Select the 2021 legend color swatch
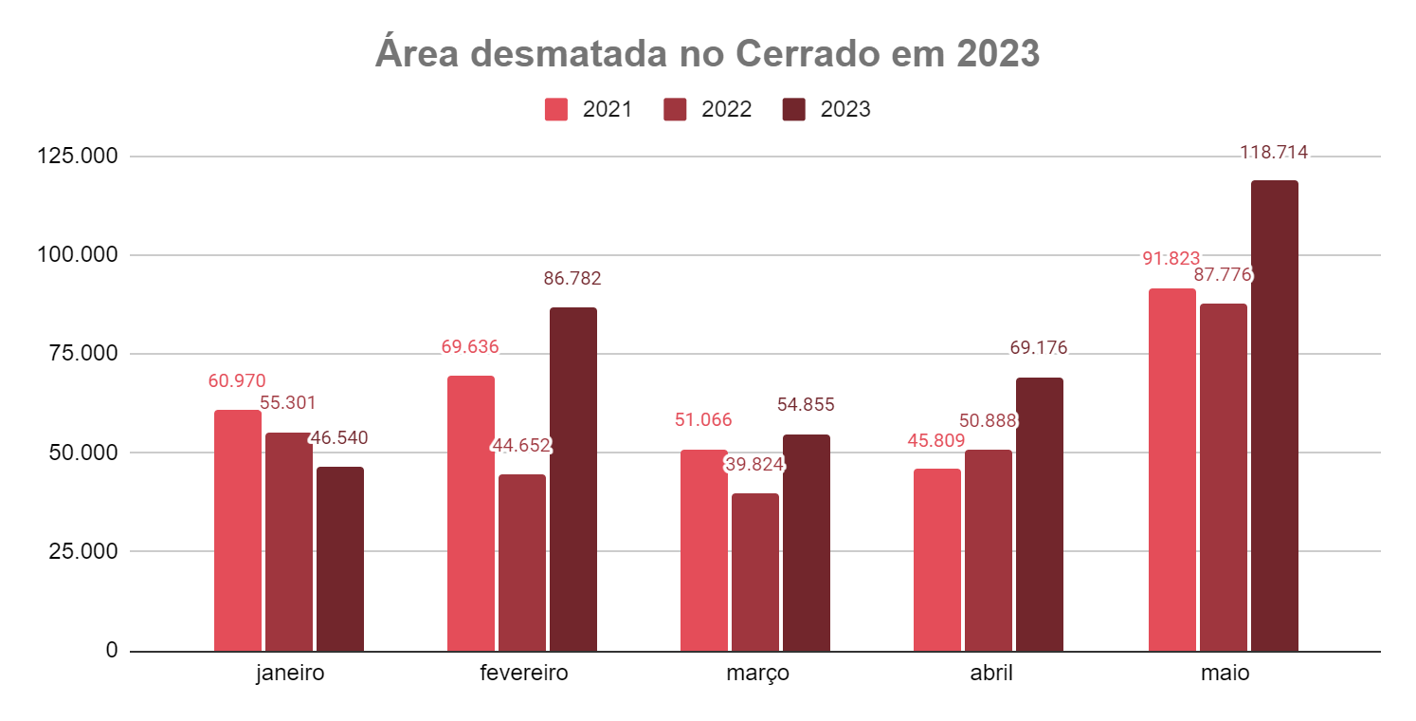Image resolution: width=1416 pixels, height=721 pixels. [556, 109]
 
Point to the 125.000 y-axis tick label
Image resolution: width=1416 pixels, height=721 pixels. [78, 157]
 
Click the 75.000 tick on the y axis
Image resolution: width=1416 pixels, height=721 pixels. [83, 354]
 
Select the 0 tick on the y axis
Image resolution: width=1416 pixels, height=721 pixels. [112, 651]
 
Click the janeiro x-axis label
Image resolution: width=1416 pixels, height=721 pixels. [290, 675]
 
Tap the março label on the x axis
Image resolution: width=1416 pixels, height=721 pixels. [757, 675]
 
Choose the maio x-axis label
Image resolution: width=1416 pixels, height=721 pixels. [1225, 675]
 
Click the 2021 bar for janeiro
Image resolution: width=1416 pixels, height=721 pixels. [238, 530]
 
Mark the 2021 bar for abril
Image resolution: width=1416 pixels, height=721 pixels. [937, 560]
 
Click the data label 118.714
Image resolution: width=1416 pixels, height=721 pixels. [1275, 153]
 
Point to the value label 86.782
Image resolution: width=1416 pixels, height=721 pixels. [572, 279]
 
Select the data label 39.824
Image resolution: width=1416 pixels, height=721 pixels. [755, 465]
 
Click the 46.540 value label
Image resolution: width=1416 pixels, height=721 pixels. [339, 438]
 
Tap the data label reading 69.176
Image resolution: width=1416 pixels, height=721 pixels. [1039, 348]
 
